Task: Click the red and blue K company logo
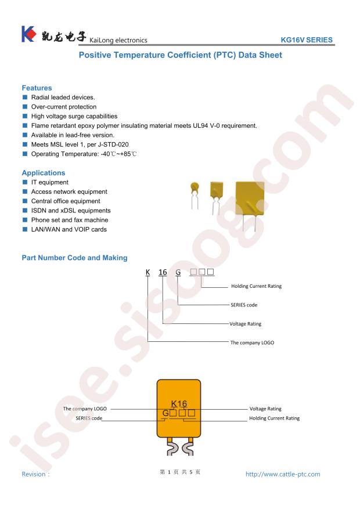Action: click(28, 34)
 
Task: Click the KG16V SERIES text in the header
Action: click(307, 40)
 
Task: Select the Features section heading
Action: click(37, 88)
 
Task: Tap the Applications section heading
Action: click(44, 173)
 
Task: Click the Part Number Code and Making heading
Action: click(74, 258)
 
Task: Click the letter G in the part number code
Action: click(178, 272)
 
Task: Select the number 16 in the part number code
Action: click(163, 272)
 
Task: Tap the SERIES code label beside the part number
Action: click(244, 305)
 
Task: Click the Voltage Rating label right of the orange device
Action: click(265, 409)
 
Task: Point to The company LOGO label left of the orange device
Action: click(85, 409)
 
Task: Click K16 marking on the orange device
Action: click(179, 404)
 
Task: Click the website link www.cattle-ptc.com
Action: click(283, 474)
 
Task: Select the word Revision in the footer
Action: click(34, 474)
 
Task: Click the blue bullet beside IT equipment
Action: click(24, 182)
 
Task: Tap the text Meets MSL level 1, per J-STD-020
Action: click(80, 145)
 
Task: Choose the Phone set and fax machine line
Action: click(70, 220)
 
